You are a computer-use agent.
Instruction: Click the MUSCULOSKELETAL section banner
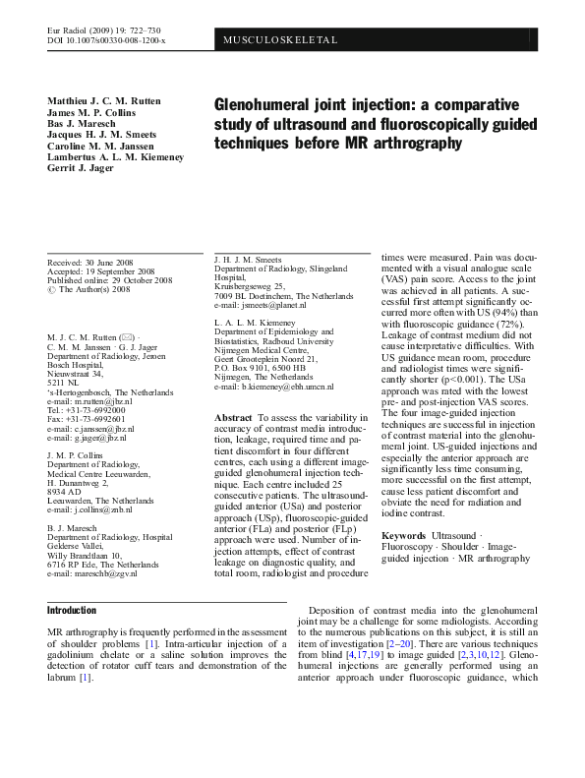pyautogui.click(x=281, y=40)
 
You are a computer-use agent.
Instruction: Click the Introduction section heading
pyautogui.click(x=72, y=610)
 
